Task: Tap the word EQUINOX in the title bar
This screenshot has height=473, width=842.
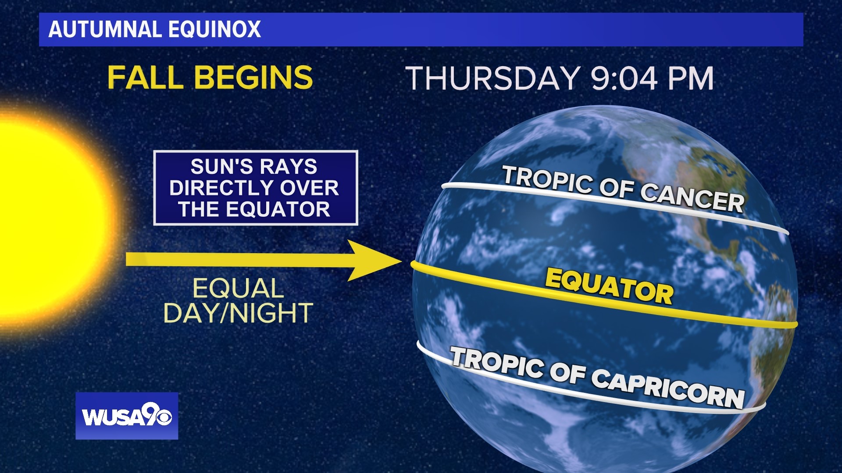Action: (x=214, y=30)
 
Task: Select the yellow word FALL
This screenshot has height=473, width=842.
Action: (x=145, y=78)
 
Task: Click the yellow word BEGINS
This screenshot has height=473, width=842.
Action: (x=253, y=78)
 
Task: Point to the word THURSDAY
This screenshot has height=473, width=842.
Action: (x=493, y=79)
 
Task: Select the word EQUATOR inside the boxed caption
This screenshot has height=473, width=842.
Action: (x=278, y=209)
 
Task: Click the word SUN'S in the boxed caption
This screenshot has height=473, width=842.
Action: (x=221, y=167)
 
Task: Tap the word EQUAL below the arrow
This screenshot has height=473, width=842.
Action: (x=238, y=289)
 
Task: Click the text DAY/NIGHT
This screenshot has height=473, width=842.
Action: (x=238, y=313)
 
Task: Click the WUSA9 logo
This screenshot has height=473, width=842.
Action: (x=127, y=416)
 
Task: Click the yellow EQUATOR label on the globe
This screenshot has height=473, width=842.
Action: (x=609, y=286)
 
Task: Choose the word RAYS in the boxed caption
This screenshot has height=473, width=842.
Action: (x=288, y=167)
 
